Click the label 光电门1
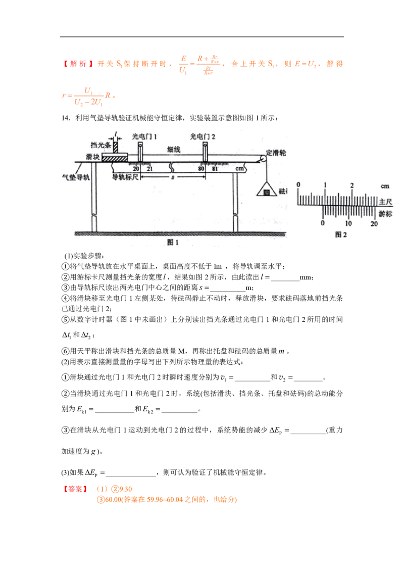(x=145, y=136)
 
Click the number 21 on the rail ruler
(x=149, y=168)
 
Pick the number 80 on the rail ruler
(x=201, y=168)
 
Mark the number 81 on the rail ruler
(x=215, y=168)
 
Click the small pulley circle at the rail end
(x=263, y=159)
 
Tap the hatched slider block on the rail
(x=114, y=158)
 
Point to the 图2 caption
(x=341, y=234)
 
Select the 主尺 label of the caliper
(x=385, y=201)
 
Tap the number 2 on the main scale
(x=351, y=185)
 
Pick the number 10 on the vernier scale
(x=348, y=223)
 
